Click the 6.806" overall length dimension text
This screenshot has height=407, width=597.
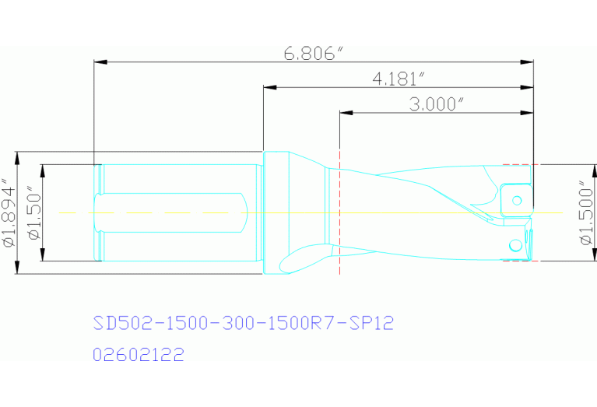[314, 54]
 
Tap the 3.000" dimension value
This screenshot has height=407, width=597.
[437, 105]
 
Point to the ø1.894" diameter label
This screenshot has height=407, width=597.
[9, 213]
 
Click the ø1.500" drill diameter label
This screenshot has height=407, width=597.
[586, 213]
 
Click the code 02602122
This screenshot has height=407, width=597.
[138, 356]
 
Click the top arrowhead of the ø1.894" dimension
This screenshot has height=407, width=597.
[17, 156]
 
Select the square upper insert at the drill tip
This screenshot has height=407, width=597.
[515, 198]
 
